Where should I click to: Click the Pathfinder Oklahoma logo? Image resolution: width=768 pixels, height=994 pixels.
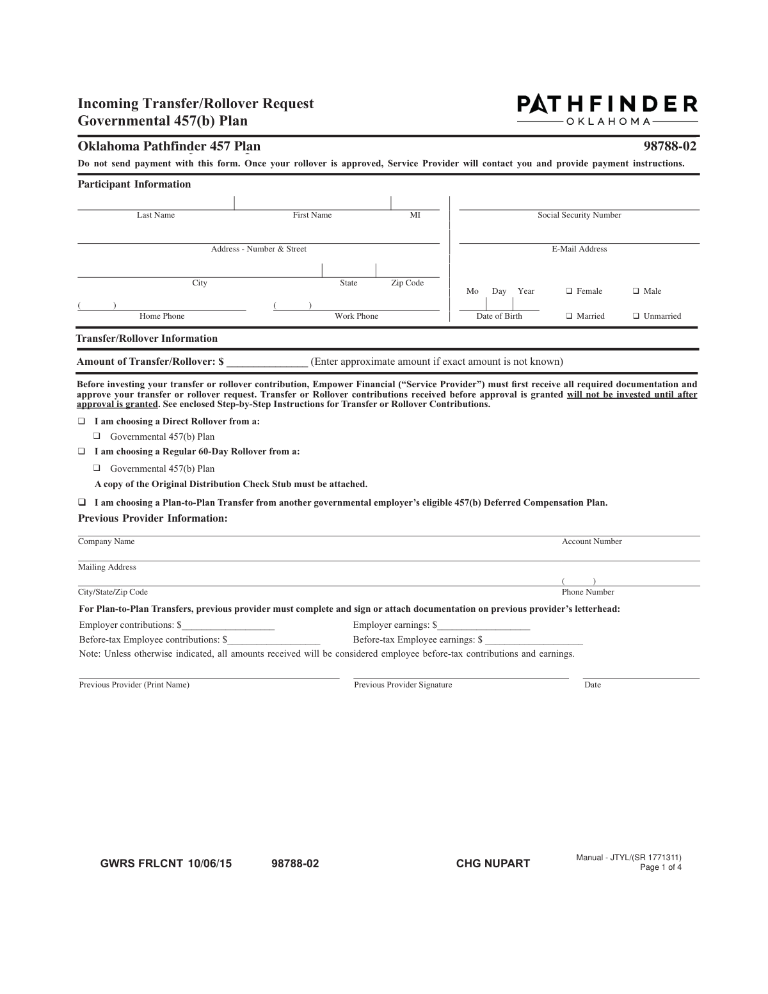(x=607, y=109)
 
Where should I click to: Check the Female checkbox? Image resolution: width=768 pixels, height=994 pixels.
(x=569, y=291)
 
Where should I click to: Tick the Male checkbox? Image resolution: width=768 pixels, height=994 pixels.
(x=636, y=291)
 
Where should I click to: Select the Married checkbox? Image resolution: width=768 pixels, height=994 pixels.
(x=569, y=316)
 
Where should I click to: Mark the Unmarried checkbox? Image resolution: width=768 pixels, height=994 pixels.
(x=636, y=316)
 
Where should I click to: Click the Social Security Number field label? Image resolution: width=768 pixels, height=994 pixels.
(x=579, y=215)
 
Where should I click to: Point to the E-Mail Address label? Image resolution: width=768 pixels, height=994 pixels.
(x=579, y=249)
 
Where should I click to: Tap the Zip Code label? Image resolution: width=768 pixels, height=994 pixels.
(x=407, y=283)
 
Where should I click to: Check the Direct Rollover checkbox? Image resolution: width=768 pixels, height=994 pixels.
(x=82, y=422)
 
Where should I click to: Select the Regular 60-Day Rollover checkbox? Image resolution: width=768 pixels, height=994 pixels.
(x=82, y=451)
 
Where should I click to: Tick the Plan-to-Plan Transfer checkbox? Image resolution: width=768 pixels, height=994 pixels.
(x=82, y=502)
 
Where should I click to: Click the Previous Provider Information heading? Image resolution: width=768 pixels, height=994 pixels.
(x=152, y=518)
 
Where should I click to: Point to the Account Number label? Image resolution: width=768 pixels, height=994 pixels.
(x=591, y=541)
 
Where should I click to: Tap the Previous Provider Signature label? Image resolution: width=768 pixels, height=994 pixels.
(x=403, y=685)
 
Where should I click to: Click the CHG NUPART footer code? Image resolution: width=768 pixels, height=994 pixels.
(x=493, y=863)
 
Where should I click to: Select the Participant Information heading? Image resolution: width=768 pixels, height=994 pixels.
(x=134, y=184)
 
